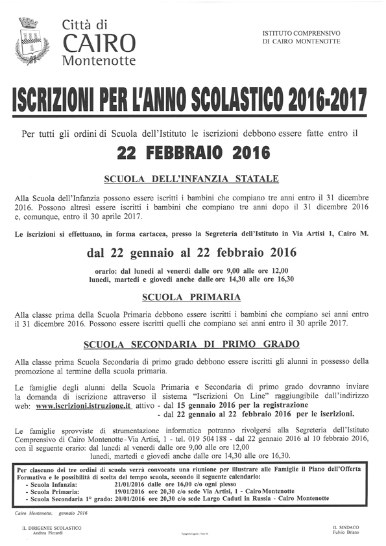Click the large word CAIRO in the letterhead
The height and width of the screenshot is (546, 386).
[x=99, y=43]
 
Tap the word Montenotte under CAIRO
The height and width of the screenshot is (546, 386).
[x=99, y=61]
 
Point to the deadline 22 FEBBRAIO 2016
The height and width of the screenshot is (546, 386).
[x=193, y=154]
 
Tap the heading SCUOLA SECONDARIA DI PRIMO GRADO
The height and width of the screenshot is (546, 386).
[x=191, y=344]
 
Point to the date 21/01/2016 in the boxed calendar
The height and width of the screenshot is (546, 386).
[x=130, y=484]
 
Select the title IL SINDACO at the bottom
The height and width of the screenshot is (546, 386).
[x=345, y=528]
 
